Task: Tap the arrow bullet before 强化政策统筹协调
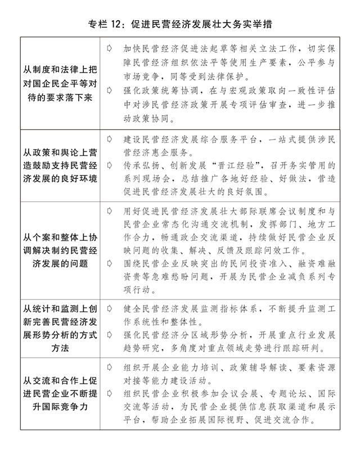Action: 109,90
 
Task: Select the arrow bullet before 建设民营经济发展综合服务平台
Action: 109,138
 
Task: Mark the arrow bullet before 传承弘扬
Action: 109,165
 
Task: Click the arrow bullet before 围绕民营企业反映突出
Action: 109,262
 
